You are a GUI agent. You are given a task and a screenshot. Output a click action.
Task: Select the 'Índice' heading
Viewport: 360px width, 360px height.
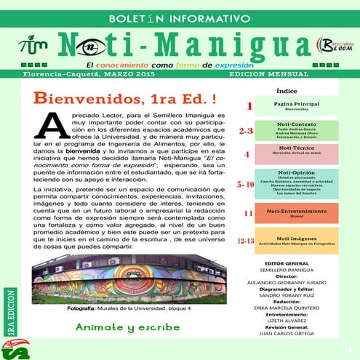point(287,92)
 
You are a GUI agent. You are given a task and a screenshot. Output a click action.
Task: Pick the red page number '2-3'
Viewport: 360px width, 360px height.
point(246,132)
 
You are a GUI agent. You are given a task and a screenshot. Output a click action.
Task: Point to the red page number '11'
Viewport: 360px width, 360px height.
point(248,213)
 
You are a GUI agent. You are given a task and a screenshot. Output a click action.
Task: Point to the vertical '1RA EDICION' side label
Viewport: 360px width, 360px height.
point(10,313)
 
